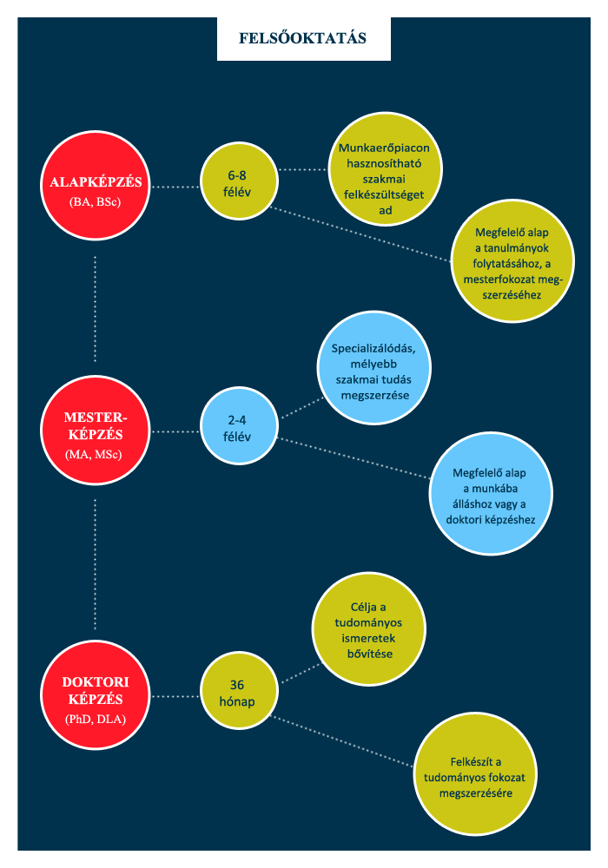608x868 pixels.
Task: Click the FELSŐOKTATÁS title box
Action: click(303, 38)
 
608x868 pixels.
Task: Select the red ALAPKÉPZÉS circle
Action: click(96, 186)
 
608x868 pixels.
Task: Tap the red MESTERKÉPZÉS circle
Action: click(96, 431)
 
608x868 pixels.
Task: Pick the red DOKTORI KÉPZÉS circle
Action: click(96, 695)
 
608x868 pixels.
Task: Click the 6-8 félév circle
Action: click(239, 181)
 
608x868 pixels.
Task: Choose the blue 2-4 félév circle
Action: click(239, 425)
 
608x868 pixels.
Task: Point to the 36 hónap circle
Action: click(239, 690)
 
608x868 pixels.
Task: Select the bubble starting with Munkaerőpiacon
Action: click(385, 169)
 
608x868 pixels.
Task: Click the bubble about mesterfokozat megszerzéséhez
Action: click(512, 260)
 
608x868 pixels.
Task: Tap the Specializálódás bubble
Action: click(373, 368)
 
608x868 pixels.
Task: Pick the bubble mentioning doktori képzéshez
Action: click(491, 493)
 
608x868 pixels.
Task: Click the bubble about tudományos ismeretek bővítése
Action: click(369, 628)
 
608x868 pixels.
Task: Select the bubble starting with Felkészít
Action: click(475, 774)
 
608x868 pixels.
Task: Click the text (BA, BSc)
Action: click(96, 201)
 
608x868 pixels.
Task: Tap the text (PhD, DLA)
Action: click(96, 719)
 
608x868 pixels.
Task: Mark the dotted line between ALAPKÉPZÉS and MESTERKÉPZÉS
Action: click(96, 309)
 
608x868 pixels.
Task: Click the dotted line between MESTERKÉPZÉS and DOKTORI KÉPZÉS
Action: click(96, 564)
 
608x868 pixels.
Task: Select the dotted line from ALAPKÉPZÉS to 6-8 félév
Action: click(175, 187)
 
